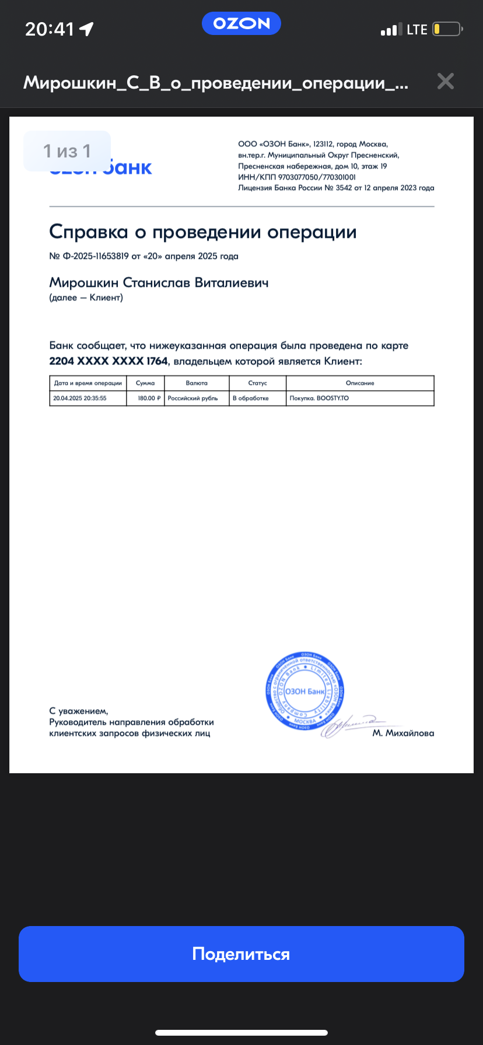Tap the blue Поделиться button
(x=241, y=953)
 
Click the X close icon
(x=445, y=81)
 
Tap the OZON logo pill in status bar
(x=241, y=23)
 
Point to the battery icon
(x=447, y=29)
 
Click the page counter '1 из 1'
(x=67, y=151)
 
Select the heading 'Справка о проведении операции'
(x=202, y=232)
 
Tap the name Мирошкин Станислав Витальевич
(x=159, y=283)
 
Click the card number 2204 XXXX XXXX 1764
(x=108, y=361)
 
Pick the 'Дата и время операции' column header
(x=88, y=383)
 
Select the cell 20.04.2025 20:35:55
(x=80, y=398)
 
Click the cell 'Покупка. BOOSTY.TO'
(x=319, y=398)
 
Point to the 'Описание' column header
(x=360, y=383)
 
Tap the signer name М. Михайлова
(x=403, y=733)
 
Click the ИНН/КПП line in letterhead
(x=296, y=177)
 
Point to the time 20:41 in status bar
(x=50, y=29)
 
